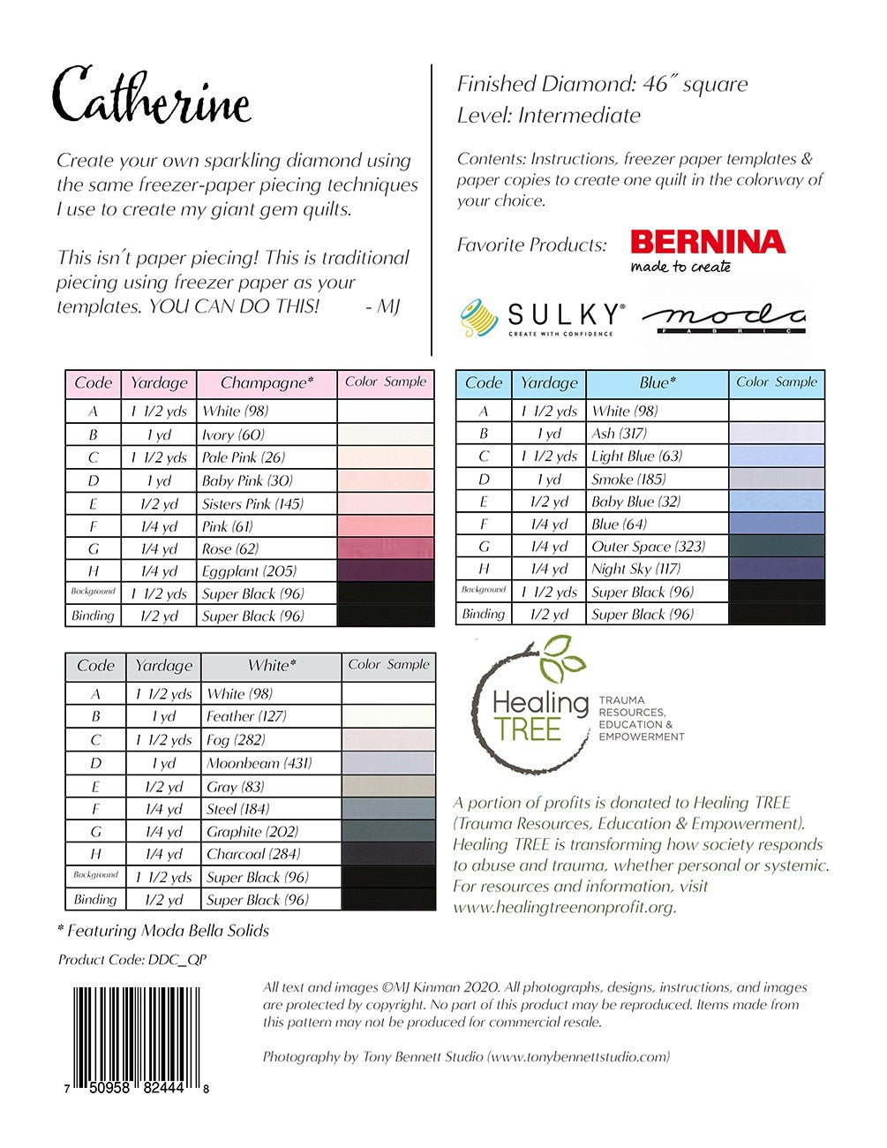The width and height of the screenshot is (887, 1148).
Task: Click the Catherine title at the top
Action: pos(152,95)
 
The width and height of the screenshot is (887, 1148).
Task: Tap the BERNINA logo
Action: pos(708,251)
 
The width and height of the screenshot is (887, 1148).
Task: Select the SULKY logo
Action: pos(542,319)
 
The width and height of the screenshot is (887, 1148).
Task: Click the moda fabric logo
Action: pos(723,319)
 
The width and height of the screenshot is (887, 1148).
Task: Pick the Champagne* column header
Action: pos(267,383)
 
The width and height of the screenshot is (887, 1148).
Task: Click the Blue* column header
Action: pos(658,383)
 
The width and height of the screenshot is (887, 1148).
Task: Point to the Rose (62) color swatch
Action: pos(386,548)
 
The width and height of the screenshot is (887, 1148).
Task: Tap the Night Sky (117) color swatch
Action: pos(777,569)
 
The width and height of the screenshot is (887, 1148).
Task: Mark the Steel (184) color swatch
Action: pos(388,809)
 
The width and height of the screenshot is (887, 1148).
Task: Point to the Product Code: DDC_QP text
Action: pos(132,959)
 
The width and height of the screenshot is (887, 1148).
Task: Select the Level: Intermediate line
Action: pos(549,116)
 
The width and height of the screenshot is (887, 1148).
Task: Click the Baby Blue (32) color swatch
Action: pos(777,502)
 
